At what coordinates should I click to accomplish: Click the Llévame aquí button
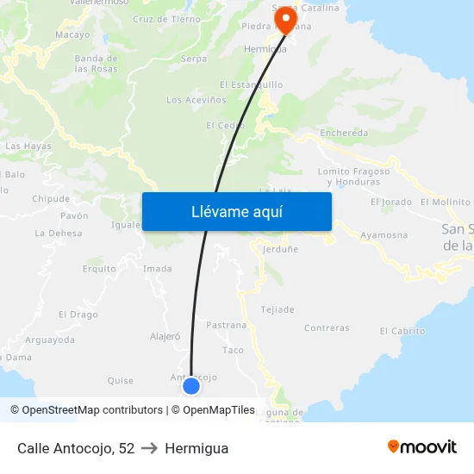(x=236, y=211)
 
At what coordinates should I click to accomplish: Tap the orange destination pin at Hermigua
(x=284, y=17)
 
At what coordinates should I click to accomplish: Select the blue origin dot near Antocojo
(x=191, y=386)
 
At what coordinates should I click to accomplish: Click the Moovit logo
(x=421, y=447)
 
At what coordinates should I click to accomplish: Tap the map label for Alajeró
(x=165, y=337)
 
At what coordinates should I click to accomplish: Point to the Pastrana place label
(x=227, y=325)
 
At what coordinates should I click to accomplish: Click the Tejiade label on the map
(x=278, y=309)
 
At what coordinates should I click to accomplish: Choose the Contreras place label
(x=327, y=328)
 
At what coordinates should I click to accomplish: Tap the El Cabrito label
(x=402, y=331)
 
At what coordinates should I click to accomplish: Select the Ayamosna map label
(x=384, y=234)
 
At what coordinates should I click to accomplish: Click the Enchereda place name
(x=344, y=134)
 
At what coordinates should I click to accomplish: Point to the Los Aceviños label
(x=196, y=100)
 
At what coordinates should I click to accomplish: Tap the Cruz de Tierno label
(x=166, y=19)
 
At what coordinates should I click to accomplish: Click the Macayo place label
(x=72, y=34)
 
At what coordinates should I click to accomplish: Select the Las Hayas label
(x=28, y=147)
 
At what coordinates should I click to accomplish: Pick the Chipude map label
(x=50, y=198)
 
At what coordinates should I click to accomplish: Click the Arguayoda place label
(x=50, y=340)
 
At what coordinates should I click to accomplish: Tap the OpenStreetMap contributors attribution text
(x=86, y=410)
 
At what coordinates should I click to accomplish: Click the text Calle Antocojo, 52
(x=76, y=448)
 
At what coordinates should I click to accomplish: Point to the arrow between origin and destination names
(x=149, y=448)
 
